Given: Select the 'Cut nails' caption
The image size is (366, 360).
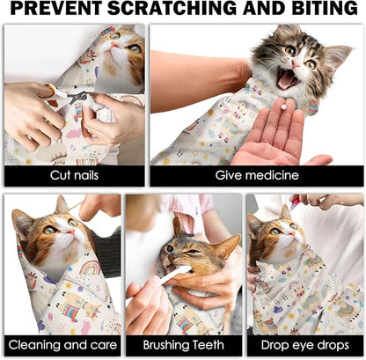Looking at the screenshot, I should [75, 175].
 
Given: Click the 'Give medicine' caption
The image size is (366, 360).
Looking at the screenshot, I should [257, 175].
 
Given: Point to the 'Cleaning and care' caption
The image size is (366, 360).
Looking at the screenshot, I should [62, 345].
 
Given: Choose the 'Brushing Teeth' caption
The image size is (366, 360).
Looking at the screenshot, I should [183, 345].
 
